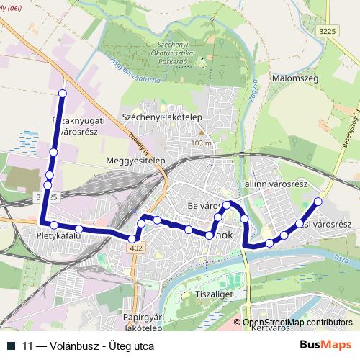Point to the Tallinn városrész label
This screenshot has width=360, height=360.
click(275, 184)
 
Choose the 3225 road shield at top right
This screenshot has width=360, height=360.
click(328, 31)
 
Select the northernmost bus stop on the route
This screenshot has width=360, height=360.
click(62, 94)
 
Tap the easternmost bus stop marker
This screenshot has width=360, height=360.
click(318, 202)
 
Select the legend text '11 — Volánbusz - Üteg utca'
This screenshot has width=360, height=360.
click(88, 346)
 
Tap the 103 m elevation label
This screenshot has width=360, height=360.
click(202, 143)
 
